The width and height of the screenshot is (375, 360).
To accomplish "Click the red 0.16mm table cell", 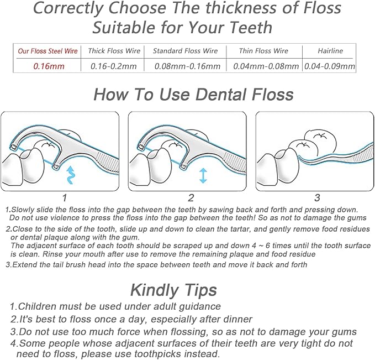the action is (49, 66).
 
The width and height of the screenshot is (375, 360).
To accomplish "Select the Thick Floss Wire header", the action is (114, 51).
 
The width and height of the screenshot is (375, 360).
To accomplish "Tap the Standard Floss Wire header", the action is (186, 51).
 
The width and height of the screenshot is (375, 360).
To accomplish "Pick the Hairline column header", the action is (330, 51).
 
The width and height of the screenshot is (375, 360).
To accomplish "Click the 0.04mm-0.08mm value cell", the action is (266, 66).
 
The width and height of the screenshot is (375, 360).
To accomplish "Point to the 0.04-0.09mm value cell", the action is (330, 66).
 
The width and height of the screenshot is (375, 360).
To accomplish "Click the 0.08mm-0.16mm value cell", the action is (188, 66).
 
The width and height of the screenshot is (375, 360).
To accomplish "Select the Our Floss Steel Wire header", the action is (48, 51).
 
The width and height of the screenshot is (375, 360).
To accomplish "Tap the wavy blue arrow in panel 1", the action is (71, 175).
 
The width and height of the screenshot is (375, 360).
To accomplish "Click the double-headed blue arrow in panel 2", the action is (203, 175).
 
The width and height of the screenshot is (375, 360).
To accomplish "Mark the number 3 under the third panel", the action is (317, 198).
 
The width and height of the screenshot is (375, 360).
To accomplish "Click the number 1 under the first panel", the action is (64, 198).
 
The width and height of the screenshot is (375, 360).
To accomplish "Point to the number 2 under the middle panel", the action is (191, 198).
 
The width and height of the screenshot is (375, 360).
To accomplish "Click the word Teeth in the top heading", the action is (251, 28).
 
